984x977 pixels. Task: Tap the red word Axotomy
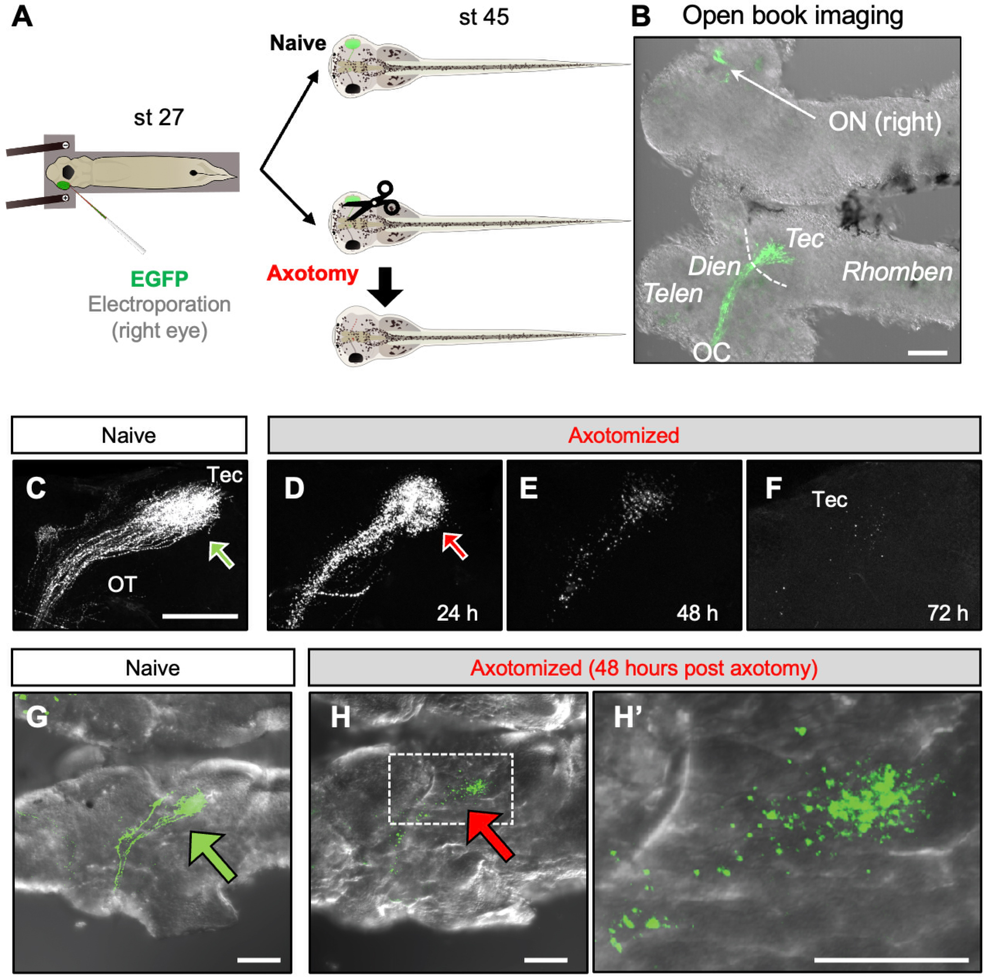(313, 273)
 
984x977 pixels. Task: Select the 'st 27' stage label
(158, 118)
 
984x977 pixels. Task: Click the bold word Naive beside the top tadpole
(298, 43)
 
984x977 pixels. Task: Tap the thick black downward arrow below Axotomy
(385, 287)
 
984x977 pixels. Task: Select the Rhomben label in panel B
(897, 272)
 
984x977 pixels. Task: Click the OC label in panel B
(711, 352)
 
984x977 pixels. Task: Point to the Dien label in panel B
(714, 266)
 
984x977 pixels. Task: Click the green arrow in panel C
(221, 554)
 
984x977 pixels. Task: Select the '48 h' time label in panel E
(697, 613)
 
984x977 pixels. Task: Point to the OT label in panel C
(122, 584)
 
